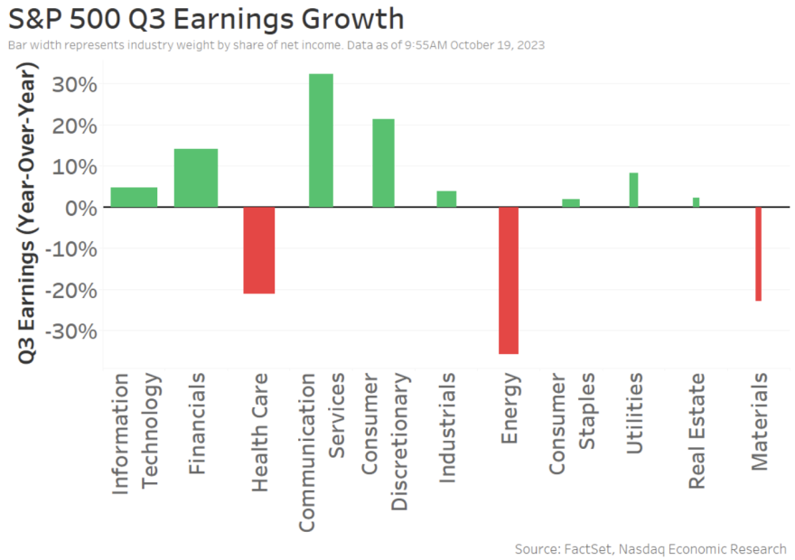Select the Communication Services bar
pos(321,140)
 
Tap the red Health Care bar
pos(258,250)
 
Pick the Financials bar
pos(195,178)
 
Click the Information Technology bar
pos(134,197)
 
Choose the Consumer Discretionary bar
pos(383,163)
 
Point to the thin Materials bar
pos(759,254)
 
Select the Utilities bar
pos(633,190)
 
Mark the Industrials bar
pos(446,199)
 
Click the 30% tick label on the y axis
pos(63,84)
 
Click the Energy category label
pos(510,408)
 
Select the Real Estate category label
pos(697,431)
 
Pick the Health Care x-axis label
pos(259,433)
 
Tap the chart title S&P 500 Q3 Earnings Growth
pos(206,19)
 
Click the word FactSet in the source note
pos(591,549)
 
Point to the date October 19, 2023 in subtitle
pos(497,44)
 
